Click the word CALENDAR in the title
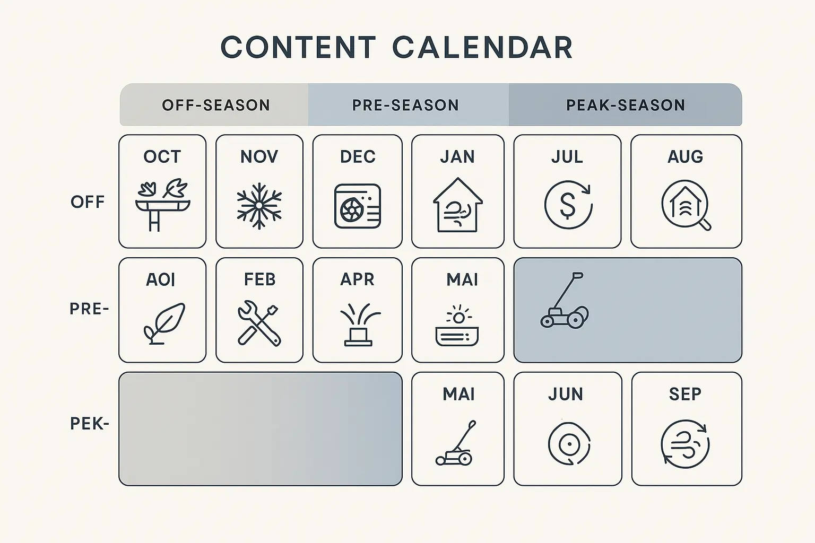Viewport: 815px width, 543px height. (x=482, y=47)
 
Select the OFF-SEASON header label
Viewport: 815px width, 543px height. (x=216, y=105)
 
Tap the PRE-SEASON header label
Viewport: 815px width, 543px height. (x=405, y=105)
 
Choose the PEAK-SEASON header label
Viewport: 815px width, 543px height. (x=626, y=105)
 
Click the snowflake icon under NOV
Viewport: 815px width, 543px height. (x=259, y=206)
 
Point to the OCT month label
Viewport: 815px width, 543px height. (x=162, y=156)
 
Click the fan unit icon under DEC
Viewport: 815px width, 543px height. (x=358, y=206)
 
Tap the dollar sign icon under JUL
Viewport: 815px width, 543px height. (x=568, y=205)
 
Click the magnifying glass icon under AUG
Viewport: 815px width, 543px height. (x=686, y=206)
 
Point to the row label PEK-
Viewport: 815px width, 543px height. (x=89, y=424)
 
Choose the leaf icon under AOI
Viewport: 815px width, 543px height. (x=164, y=323)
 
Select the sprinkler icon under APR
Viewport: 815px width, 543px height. (x=358, y=324)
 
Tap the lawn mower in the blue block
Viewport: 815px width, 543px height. (x=564, y=302)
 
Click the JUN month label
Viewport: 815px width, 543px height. (x=566, y=394)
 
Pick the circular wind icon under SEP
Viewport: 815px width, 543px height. (x=686, y=444)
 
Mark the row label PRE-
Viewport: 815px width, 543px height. (x=89, y=309)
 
